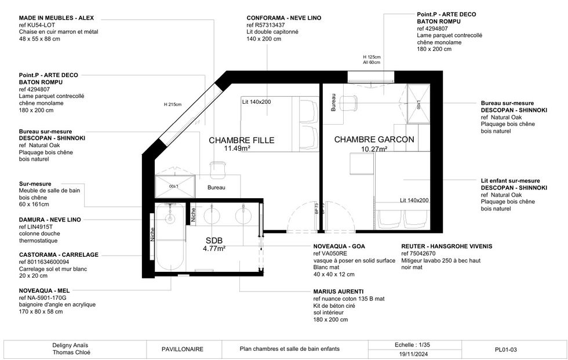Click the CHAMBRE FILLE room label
coord(241,140)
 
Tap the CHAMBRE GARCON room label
coord(374,140)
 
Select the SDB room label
coord(214,241)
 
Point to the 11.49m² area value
coord(237,148)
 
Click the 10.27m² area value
coord(374,148)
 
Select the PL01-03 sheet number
coord(505,349)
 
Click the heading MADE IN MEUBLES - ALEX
coord(48,18)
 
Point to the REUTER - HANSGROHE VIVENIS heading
coord(446,246)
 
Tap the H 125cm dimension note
coord(372,57)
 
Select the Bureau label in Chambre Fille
coord(216,188)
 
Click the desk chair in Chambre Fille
coord(217,169)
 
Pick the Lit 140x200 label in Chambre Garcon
coord(414,200)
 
